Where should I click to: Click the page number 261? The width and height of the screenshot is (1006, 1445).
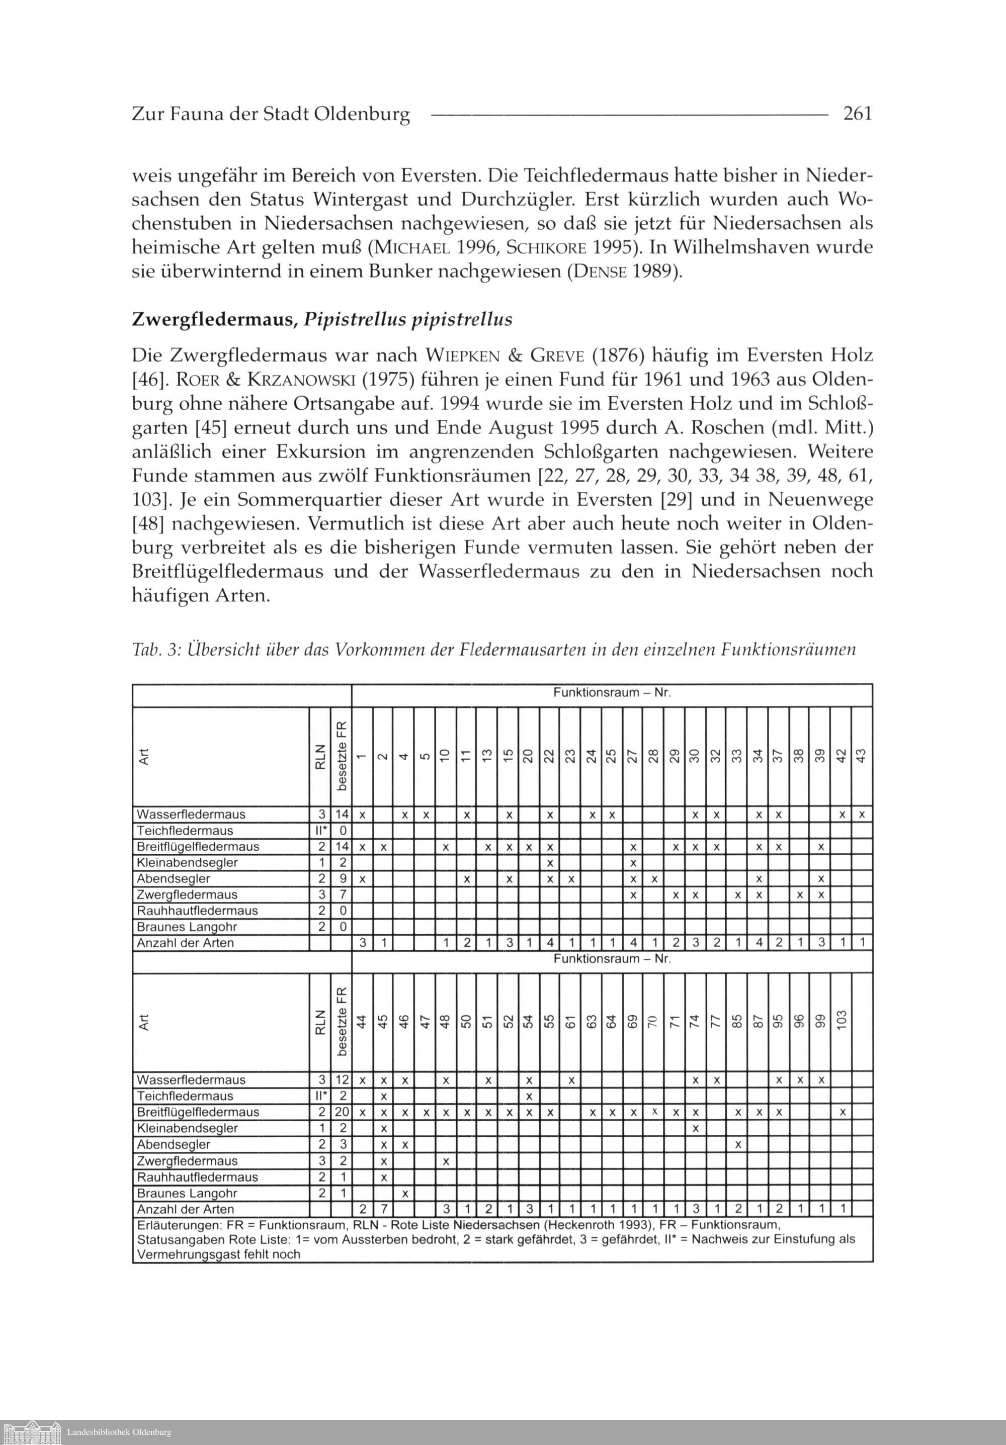pos(858,114)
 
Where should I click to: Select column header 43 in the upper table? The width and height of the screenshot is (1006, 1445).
pos(862,755)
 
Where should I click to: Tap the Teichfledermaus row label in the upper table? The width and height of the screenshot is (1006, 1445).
pos(185,831)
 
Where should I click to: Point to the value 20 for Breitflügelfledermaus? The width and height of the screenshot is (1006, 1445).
pos(341,1112)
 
